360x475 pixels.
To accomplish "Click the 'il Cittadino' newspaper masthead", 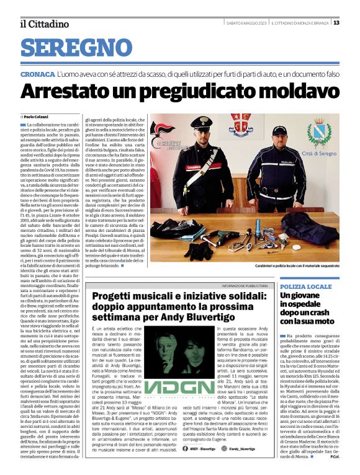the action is point(43,24).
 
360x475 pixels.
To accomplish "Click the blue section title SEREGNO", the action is point(71,46).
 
